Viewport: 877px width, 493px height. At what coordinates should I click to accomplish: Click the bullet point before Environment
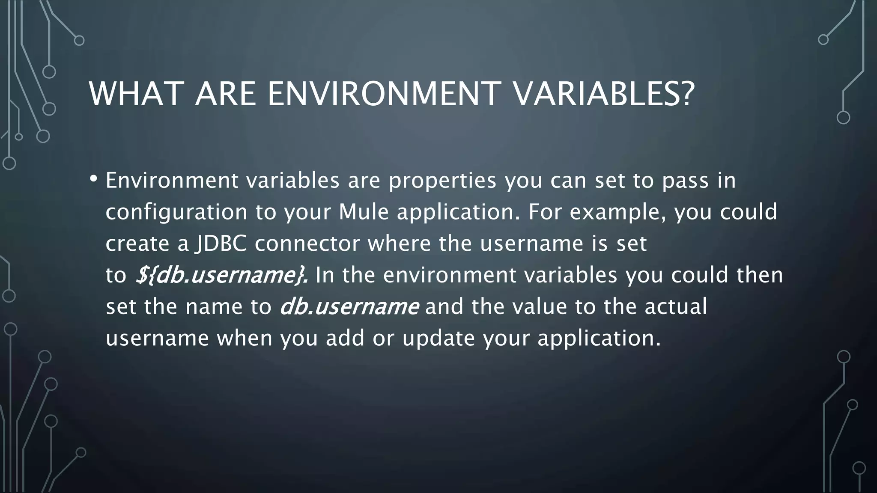(x=94, y=179)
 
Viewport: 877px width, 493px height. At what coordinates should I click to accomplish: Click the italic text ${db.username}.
(x=221, y=275)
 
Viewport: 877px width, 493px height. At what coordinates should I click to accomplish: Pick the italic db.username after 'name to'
(x=349, y=307)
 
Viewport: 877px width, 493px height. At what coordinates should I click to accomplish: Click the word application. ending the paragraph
(x=599, y=339)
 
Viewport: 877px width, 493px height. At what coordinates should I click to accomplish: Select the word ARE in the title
(x=225, y=94)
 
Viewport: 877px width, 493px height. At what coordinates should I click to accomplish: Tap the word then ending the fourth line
(x=759, y=275)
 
